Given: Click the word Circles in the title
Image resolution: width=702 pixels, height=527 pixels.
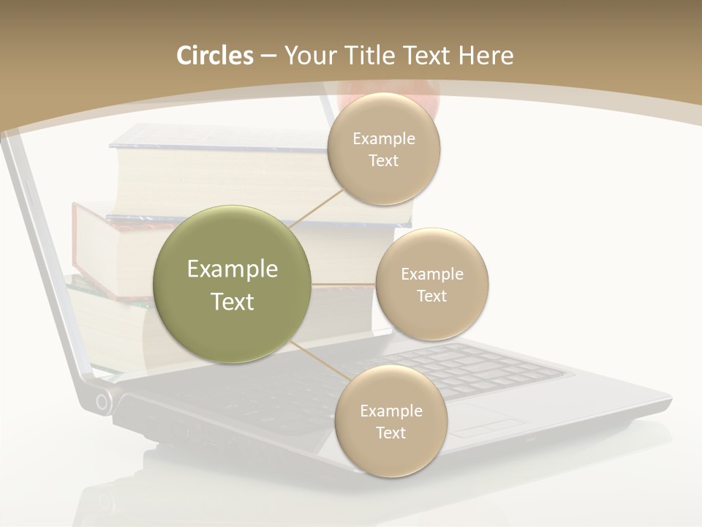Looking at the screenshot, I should pyautogui.click(x=214, y=56).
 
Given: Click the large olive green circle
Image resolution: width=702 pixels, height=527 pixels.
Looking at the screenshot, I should pyautogui.click(x=233, y=284).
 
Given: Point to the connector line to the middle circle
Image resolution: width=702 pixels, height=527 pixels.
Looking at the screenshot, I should pyautogui.click(x=344, y=284).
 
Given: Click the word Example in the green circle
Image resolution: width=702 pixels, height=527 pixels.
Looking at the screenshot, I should pyautogui.click(x=233, y=269).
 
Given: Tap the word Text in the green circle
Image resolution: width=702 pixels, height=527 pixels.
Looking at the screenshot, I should pyautogui.click(x=233, y=302).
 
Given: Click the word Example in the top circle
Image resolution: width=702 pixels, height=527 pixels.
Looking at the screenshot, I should pyautogui.click(x=384, y=139).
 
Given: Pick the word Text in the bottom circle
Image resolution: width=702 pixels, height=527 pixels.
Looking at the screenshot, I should pyautogui.click(x=390, y=433).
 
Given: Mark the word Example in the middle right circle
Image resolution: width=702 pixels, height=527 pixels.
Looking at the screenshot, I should pyautogui.click(x=432, y=274).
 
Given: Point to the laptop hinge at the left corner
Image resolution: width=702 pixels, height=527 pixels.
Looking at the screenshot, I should pyautogui.click(x=104, y=401).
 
